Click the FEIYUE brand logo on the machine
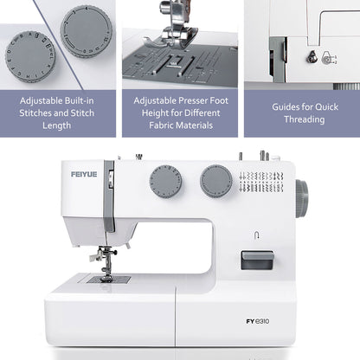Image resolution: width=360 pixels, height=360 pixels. (84, 175)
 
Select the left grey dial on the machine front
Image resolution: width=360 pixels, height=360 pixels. (164, 182)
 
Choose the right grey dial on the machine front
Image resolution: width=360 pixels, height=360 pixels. (215, 181)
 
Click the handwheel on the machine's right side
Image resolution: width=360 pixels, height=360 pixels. (300, 198)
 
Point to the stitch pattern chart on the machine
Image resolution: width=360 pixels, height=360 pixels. (261, 182)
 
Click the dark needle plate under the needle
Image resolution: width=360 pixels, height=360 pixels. (108, 280)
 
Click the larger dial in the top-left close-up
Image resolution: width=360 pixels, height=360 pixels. (32, 55)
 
